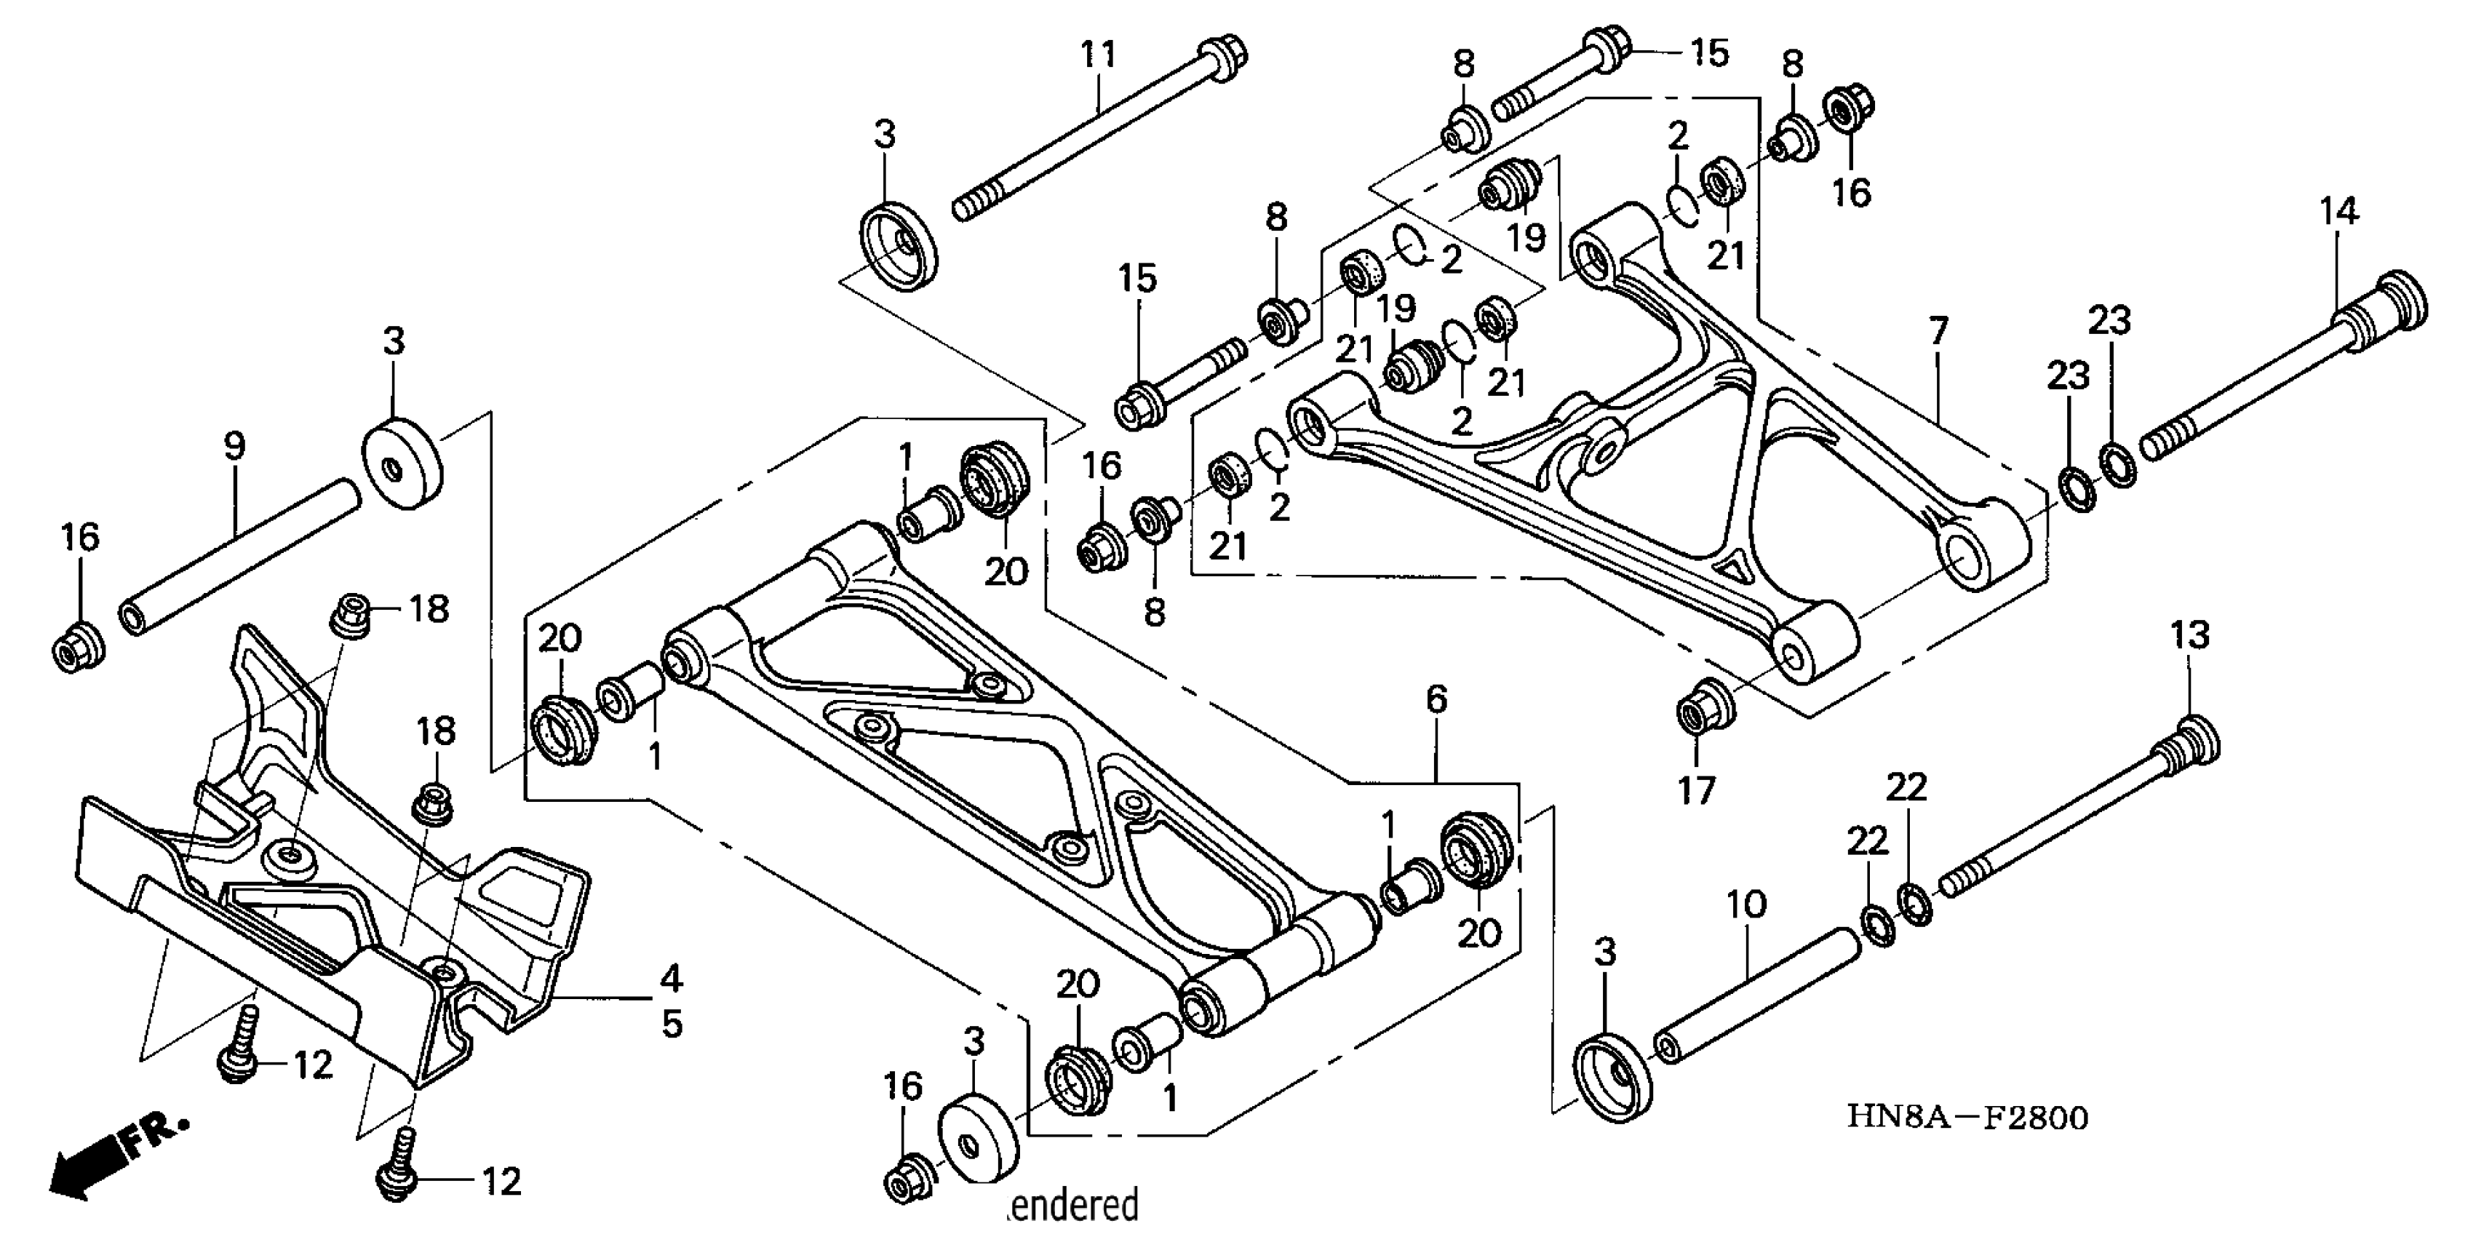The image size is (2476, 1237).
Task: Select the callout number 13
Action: pos(2189,635)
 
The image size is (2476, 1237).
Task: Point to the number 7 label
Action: pos(1939,332)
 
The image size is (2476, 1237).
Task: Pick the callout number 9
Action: pos(234,445)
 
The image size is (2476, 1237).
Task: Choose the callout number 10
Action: pos(1746,904)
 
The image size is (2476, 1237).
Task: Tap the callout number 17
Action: pos(1697,790)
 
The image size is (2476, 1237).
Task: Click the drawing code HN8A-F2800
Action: pos(1967,1118)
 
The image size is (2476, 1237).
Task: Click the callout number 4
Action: pos(671,979)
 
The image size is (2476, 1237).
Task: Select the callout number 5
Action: pos(672,1025)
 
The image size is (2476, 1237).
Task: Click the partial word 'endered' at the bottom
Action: pos(1075,1205)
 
